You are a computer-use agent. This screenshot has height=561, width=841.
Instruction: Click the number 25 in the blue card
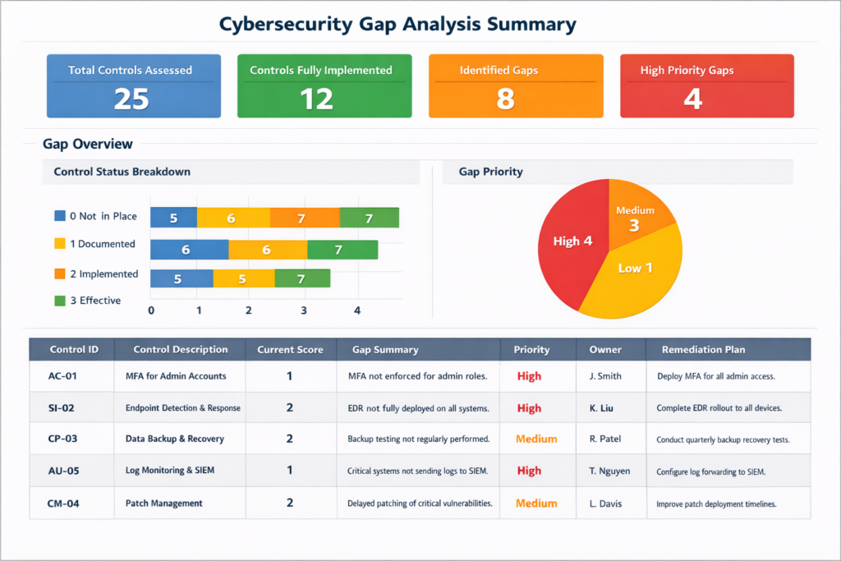[131, 99]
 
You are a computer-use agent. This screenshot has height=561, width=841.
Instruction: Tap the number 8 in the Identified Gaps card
[505, 99]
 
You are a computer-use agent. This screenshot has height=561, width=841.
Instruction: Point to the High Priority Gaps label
[687, 70]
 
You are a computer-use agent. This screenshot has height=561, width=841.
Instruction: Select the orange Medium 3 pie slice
[636, 218]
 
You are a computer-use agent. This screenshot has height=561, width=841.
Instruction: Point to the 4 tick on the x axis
[356, 311]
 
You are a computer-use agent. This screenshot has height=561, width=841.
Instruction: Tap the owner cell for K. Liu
[603, 407]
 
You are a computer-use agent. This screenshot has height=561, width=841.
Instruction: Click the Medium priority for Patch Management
[535, 503]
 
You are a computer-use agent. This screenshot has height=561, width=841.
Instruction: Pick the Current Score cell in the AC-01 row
[289, 376]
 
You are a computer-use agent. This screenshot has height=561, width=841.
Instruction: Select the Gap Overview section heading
[87, 144]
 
